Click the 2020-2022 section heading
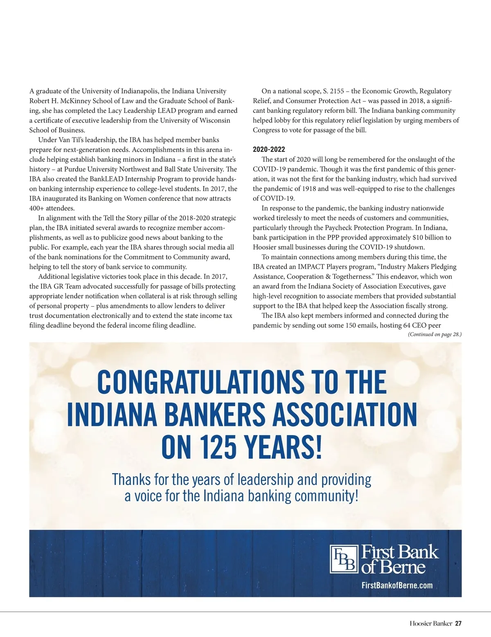[x=269, y=149]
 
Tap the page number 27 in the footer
[x=458, y=624]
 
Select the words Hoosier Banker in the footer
[x=430, y=624]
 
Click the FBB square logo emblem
[x=343, y=559]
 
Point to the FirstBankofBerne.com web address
[x=397, y=585]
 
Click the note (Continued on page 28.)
[x=435, y=334]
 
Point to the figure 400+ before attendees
[x=38, y=208]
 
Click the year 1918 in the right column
[x=309, y=189]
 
